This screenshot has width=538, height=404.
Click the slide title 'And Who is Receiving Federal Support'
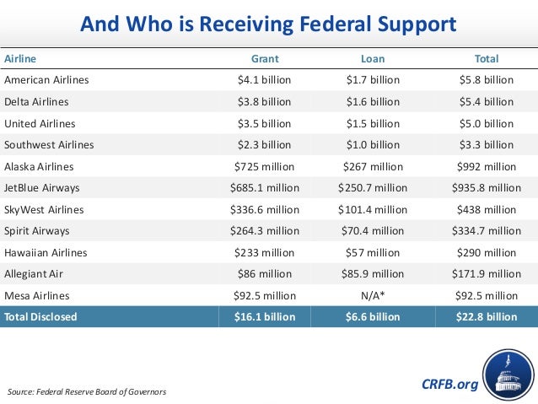(x=268, y=24)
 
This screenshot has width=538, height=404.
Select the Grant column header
(x=265, y=59)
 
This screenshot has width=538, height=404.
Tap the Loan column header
(x=373, y=59)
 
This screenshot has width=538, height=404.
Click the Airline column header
(x=21, y=59)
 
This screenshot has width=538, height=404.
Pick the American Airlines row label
(x=46, y=80)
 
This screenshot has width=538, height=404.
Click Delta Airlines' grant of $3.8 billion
(x=265, y=102)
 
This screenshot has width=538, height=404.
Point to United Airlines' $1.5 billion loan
(x=373, y=123)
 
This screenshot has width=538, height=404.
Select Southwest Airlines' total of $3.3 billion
(x=487, y=145)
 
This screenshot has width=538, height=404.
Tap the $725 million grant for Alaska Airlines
(x=265, y=166)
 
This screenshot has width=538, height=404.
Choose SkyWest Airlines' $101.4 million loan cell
(x=373, y=209)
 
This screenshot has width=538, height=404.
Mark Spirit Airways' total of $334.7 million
(x=487, y=230)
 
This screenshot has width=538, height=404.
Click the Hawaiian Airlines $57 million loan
(x=373, y=252)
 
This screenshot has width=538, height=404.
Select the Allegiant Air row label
(x=34, y=274)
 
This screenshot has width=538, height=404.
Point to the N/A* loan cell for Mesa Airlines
(x=373, y=295)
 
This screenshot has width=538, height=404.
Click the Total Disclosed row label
(x=41, y=317)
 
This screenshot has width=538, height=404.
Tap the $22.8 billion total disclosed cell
(x=487, y=317)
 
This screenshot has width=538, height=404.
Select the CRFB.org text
(x=449, y=385)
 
